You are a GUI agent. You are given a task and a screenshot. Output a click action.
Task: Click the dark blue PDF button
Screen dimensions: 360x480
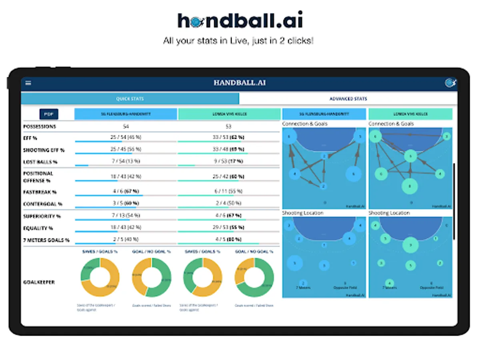pyautogui.click(x=49, y=114)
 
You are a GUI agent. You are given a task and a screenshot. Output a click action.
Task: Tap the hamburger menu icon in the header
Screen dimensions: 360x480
pyautogui.click(x=28, y=83)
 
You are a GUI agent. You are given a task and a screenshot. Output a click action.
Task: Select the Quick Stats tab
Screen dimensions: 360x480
pyautogui.click(x=130, y=99)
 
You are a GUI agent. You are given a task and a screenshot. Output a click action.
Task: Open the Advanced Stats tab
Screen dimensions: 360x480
pyautogui.click(x=348, y=99)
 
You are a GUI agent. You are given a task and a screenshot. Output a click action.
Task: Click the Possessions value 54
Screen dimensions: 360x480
pyautogui.click(x=126, y=126)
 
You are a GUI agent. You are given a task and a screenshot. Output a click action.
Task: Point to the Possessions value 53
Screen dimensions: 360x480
pyautogui.click(x=229, y=126)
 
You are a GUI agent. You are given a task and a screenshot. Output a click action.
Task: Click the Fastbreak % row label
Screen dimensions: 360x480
pyautogui.click(x=40, y=192)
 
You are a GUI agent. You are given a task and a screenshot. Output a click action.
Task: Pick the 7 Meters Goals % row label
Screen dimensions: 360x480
pyautogui.click(x=46, y=240)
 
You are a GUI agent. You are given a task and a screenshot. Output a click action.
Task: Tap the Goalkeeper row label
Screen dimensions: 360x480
pyautogui.click(x=39, y=282)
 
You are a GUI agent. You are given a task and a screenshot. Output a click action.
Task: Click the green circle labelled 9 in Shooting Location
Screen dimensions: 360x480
pyautogui.click(x=410, y=244)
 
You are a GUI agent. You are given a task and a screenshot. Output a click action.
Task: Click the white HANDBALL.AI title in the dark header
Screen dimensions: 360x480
pyautogui.click(x=239, y=83)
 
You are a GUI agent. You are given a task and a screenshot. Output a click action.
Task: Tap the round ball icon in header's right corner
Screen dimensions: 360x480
pyautogui.click(x=450, y=83)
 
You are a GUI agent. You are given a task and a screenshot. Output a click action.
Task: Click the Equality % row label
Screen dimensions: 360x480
pyautogui.click(x=38, y=228)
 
